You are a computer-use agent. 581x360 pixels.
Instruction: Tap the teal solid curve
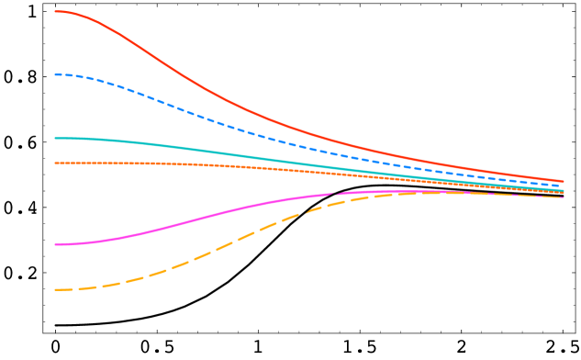pyautogui.click(x=184, y=147)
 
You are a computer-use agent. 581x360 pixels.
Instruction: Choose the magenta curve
pyautogui.click(x=184, y=223)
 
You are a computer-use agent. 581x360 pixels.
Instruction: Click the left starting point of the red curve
pyautogui.click(x=55, y=12)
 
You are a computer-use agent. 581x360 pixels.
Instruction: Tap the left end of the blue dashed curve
pyautogui.click(x=56, y=74)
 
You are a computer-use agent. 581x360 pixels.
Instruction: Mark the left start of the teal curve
pyautogui.click(x=55, y=139)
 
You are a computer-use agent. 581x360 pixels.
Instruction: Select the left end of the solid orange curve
pyautogui.click(x=55, y=163)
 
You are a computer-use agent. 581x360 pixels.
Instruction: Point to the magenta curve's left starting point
pyautogui.click(x=55, y=244)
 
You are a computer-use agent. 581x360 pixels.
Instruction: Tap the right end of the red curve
pyautogui.click(x=564, y=181)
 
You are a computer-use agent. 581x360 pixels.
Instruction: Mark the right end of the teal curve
pyautogui.click(x=564, y=190)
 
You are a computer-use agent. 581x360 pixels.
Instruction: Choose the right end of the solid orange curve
pyautogui.click(x=564, y=193)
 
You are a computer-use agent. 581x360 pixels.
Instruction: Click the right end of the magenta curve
pyautogui.click(x=564, y=197)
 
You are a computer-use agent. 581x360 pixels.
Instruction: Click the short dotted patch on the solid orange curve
pyautogui.click(x=142, y=163)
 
